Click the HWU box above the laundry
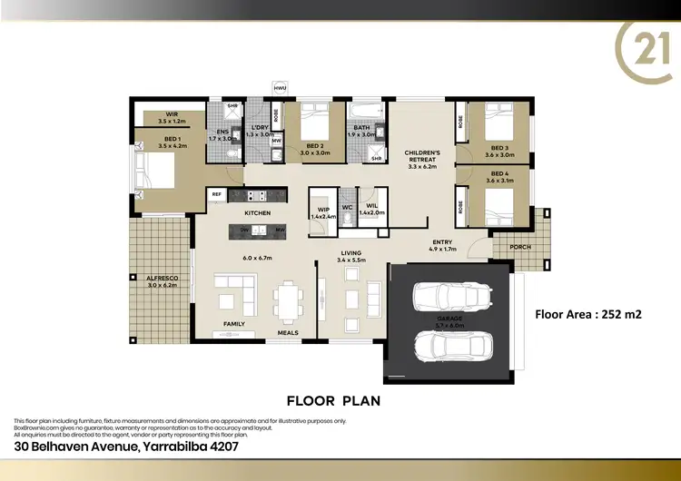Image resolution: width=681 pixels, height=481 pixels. (x=280, y=88)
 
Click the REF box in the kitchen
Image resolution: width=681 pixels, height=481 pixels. (x=217, y=194)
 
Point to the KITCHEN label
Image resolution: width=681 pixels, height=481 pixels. (x=257, y=212)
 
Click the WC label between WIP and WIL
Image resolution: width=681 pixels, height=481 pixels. (x=347, y=207)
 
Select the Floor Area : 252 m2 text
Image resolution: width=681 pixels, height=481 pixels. (x=589, y=316)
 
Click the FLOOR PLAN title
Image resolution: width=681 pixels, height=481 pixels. (x=333, y=399)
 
